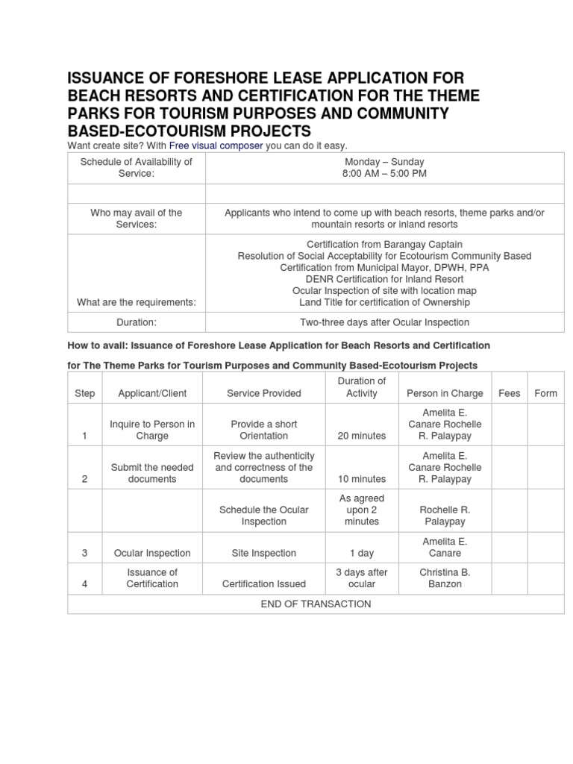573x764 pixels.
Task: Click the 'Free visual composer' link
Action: [216, 145]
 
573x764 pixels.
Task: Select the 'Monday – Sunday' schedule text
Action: [385, 162]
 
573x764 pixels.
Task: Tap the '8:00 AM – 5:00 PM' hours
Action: [385, 174]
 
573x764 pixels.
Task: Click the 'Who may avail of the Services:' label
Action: [136, 219]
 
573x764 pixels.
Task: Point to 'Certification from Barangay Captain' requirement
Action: [385, 244]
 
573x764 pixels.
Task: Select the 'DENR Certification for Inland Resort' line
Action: [385, 279]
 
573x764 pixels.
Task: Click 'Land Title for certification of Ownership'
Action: [385, 302]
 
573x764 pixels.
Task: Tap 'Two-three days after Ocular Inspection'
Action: [385, 322]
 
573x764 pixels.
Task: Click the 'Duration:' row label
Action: [136, 322]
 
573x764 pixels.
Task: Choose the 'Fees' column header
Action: [509, 393]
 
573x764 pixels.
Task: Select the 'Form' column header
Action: [545, 393]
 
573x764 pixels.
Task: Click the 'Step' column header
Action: [85, 393]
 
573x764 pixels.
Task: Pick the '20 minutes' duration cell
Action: [361, 436]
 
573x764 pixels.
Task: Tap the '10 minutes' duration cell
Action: [361, 479]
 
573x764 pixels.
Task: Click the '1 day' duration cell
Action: [361, 553]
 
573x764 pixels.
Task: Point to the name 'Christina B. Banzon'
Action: [445, 577]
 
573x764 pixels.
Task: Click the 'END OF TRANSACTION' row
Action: [316, 604]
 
